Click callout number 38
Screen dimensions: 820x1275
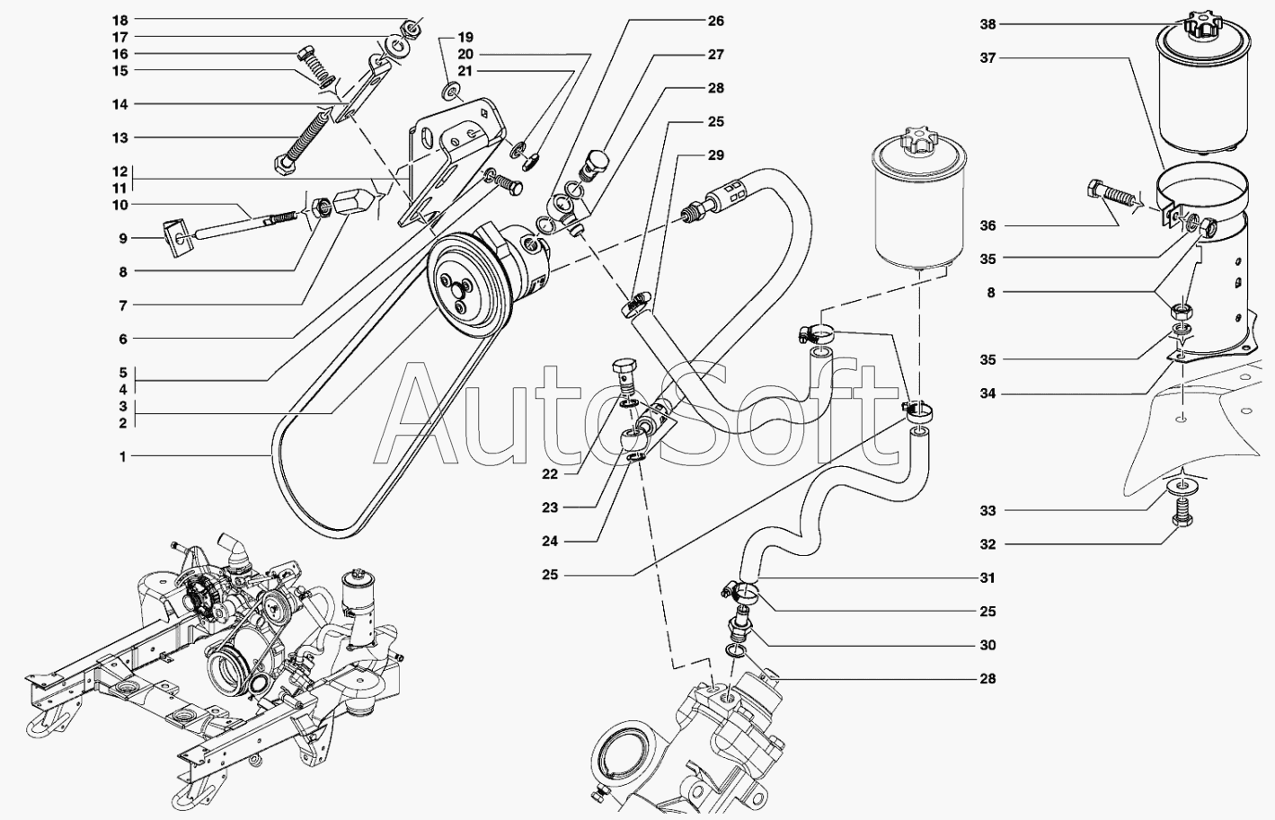coord(987,25)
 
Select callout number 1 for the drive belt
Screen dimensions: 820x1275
coord(123,457)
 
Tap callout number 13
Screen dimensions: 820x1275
coord(120,138)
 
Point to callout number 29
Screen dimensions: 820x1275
coord(715,155)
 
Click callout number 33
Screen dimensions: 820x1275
coord(987,511)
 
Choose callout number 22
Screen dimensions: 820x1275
coord(550,474)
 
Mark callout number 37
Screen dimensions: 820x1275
coord(987,58)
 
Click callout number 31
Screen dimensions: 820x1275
coord(987,578)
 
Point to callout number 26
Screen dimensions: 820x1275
coord(715,21)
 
